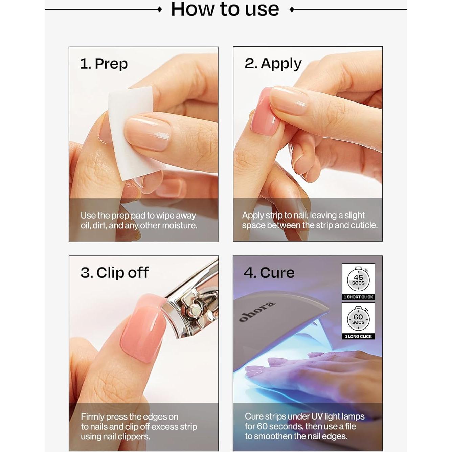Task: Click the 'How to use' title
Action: point(225,9)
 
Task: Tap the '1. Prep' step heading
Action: point(104,64)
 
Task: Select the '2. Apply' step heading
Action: point(273,64)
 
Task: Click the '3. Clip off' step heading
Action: point(114,273)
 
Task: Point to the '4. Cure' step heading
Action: point(269,273)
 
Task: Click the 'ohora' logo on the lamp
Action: point(257,312)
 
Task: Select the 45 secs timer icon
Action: point(358,279)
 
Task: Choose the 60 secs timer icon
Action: point(358,319)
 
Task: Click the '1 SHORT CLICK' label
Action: point(358,297)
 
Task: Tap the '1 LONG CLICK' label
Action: point(358,336)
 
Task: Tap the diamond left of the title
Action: point(160,10)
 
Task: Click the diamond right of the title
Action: point(292,10)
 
